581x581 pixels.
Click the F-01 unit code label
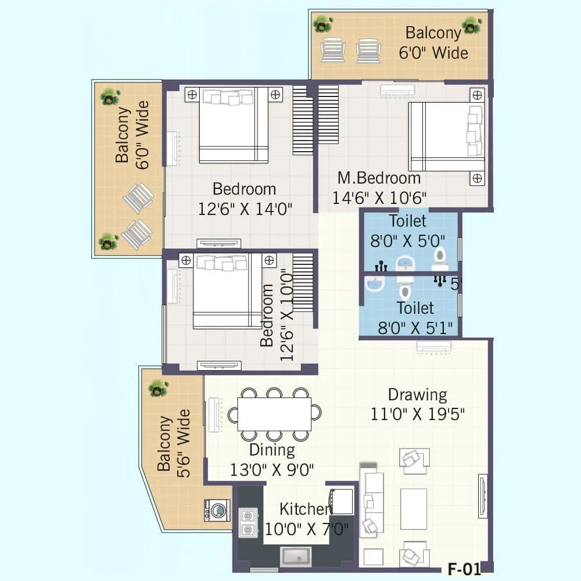[465, 569]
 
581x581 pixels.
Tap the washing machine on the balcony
[217, 511]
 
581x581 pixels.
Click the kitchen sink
[296, 556]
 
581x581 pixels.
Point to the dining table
[274, 414]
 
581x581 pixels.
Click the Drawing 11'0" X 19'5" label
[418, 404]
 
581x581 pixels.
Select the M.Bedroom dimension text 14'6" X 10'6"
[379, 198]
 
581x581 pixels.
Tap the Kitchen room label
[304, 510]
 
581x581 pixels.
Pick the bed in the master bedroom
[446, 137]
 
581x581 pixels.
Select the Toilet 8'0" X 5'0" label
[407, 231]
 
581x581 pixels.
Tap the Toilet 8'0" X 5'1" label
[415, 318]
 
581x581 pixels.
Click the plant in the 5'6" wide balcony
[158, 388]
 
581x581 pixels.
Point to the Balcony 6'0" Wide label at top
[433, 42]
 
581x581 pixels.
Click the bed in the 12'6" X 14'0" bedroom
[234, 125]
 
